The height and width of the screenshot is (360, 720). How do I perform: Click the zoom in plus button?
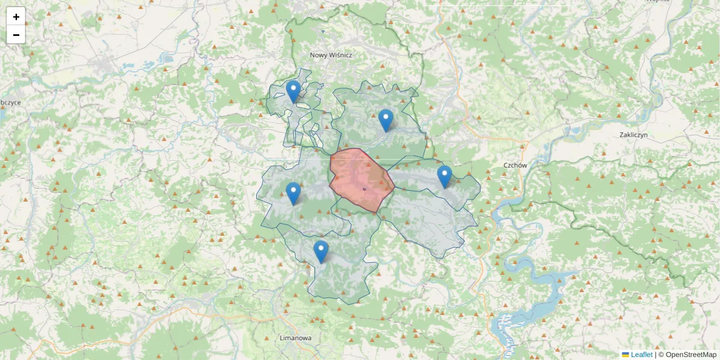tap(16, 17)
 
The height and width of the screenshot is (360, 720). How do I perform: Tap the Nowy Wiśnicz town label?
tap(331, 55)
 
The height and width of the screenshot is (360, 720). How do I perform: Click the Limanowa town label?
tap(296, 338)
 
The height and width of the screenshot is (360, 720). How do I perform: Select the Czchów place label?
tap(515, 165)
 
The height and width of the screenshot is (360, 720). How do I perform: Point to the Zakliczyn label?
tap(634, 135)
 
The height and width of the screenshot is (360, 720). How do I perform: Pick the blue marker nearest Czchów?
tap(444, 176)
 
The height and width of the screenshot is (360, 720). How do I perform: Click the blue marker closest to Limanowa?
tap(321, 251)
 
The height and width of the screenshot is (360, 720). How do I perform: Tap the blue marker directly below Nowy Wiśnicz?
tap(293, 91)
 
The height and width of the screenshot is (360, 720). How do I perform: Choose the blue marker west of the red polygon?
tap(293, 193)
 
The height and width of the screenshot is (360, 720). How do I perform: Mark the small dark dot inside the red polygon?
tap(364, 189)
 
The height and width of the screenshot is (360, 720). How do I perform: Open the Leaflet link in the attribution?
tap(641, 355)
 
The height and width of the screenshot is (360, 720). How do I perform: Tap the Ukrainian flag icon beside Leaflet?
tap(625, 355)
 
